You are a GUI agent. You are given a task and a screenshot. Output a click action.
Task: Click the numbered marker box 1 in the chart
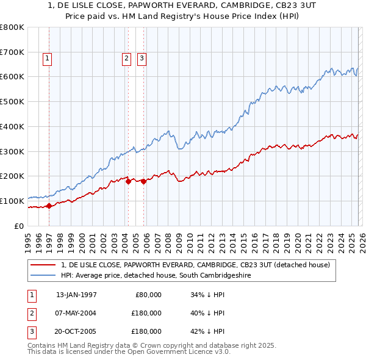point(47,59)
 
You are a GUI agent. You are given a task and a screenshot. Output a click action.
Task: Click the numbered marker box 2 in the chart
point(126,59)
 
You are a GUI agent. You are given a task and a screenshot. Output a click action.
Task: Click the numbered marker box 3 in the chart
point(142,59)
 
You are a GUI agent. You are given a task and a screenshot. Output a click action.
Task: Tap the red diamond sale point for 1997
point(49,206)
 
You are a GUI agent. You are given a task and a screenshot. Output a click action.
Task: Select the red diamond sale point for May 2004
point(128,181)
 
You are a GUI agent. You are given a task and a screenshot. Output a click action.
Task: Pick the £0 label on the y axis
point(20,226)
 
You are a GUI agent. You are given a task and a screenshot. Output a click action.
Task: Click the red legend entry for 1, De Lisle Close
point(195,265)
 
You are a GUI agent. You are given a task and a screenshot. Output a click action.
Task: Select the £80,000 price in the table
point(147,295)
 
